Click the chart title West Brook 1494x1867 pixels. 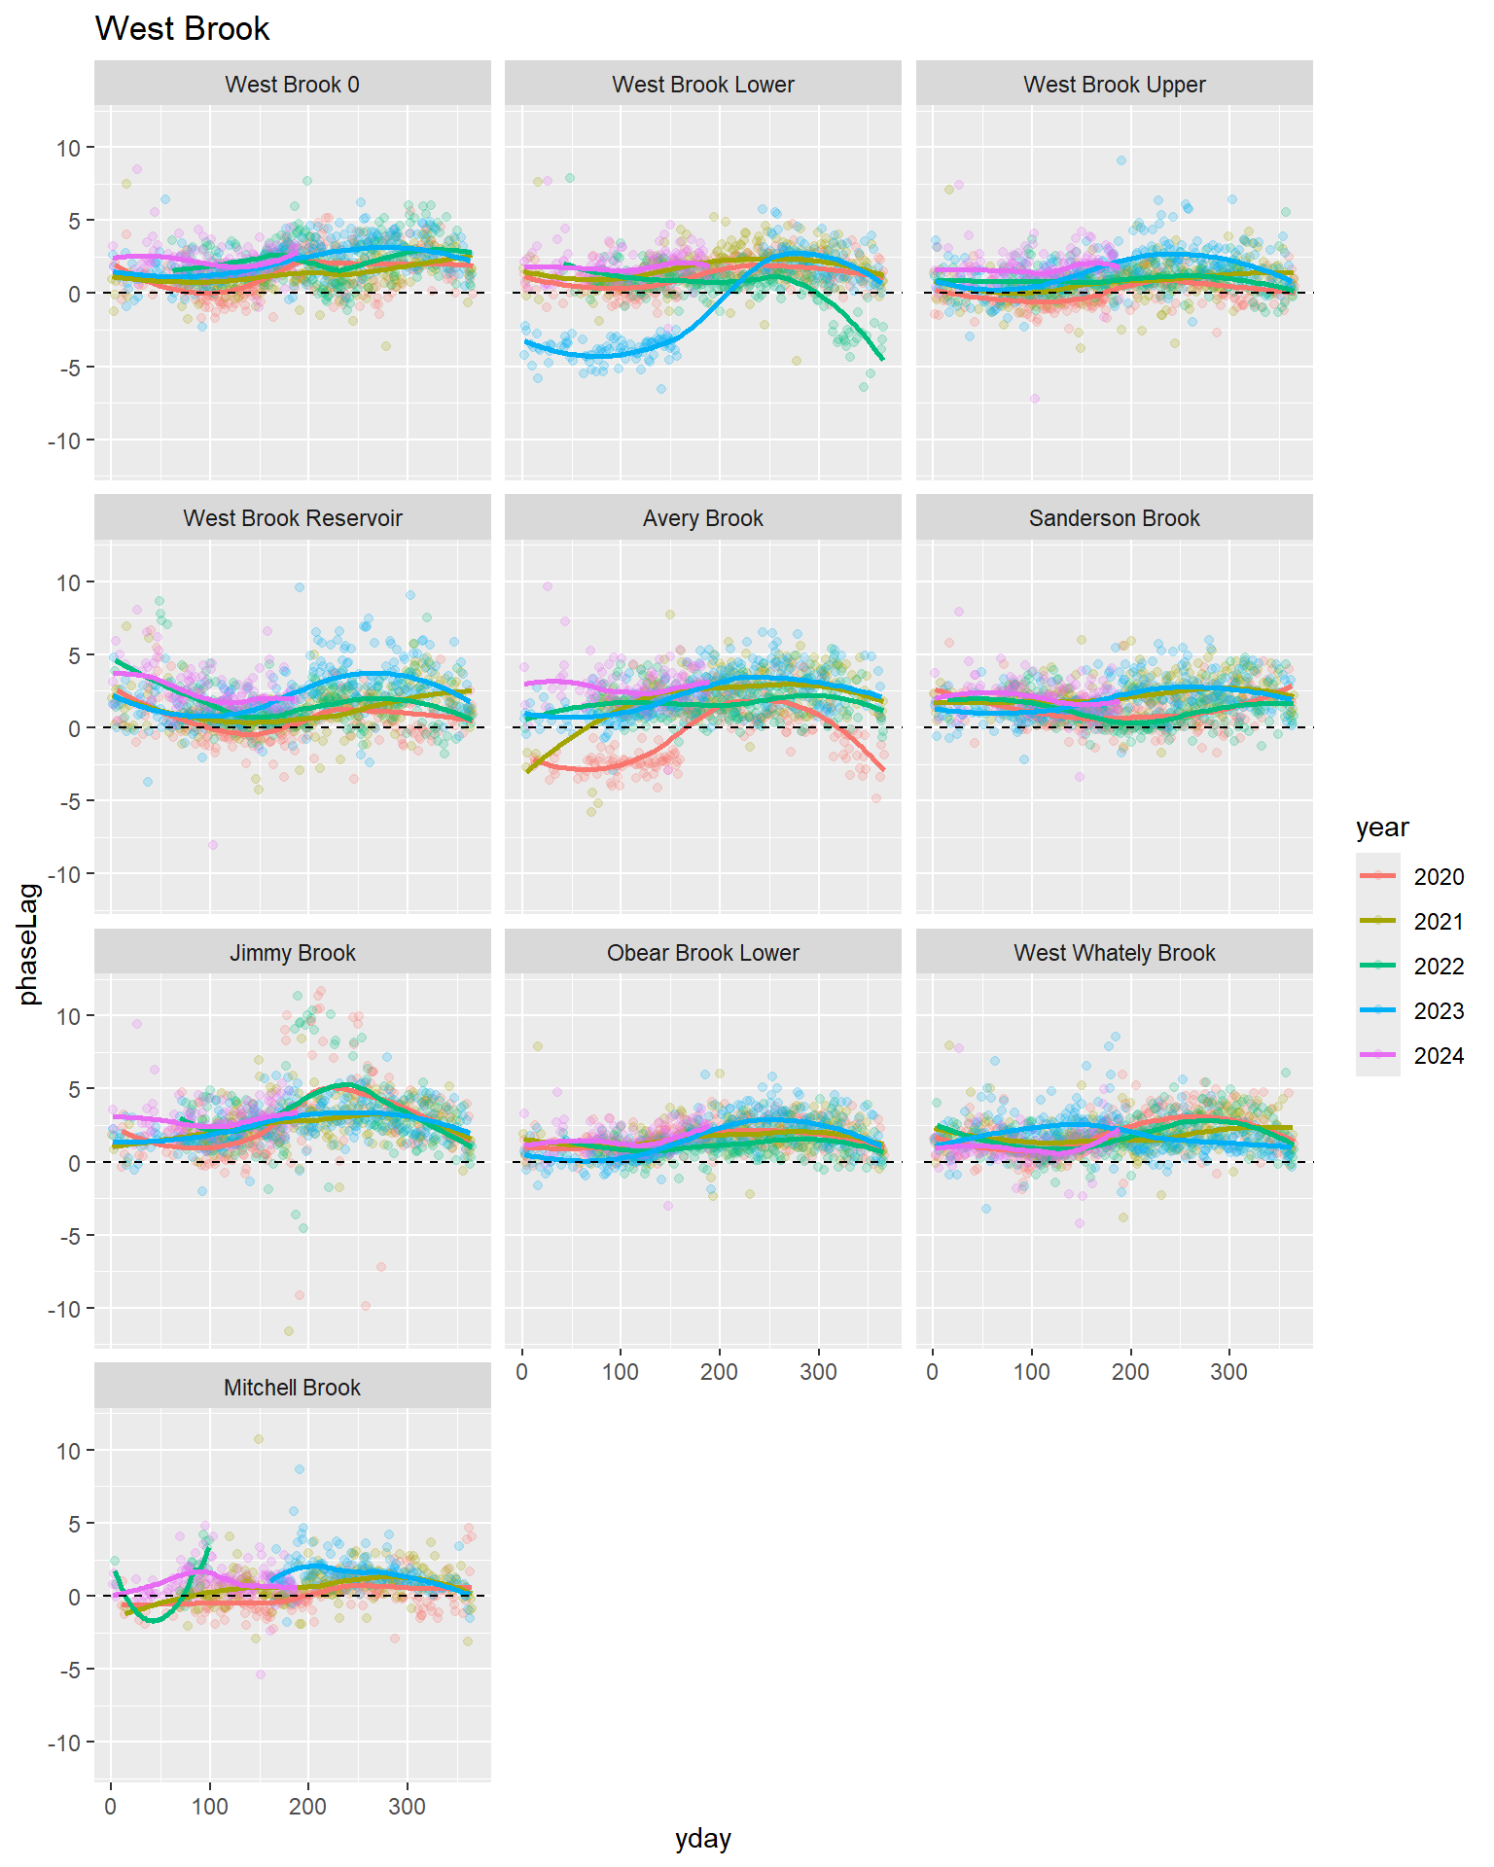(182, 29)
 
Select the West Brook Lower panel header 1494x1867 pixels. (702, 85)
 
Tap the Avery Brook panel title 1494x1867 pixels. (702, 518)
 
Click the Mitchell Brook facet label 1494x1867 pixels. (292, 1388)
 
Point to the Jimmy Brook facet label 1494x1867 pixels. (292, 953)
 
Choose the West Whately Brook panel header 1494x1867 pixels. (1114, 953)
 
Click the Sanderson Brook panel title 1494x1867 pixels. (1114, 518)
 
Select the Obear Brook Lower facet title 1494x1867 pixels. (702, 953)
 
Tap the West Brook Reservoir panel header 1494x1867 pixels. (292, 518)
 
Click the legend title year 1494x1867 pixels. (1382, 828)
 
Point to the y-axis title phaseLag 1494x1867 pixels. (29, 943)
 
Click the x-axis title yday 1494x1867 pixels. (702, 1838)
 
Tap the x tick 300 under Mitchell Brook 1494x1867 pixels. (407, 1807)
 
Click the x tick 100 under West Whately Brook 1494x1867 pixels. (1031, 1372)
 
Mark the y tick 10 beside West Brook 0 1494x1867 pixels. (68, 148)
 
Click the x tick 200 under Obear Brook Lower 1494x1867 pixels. (719, 1372)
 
